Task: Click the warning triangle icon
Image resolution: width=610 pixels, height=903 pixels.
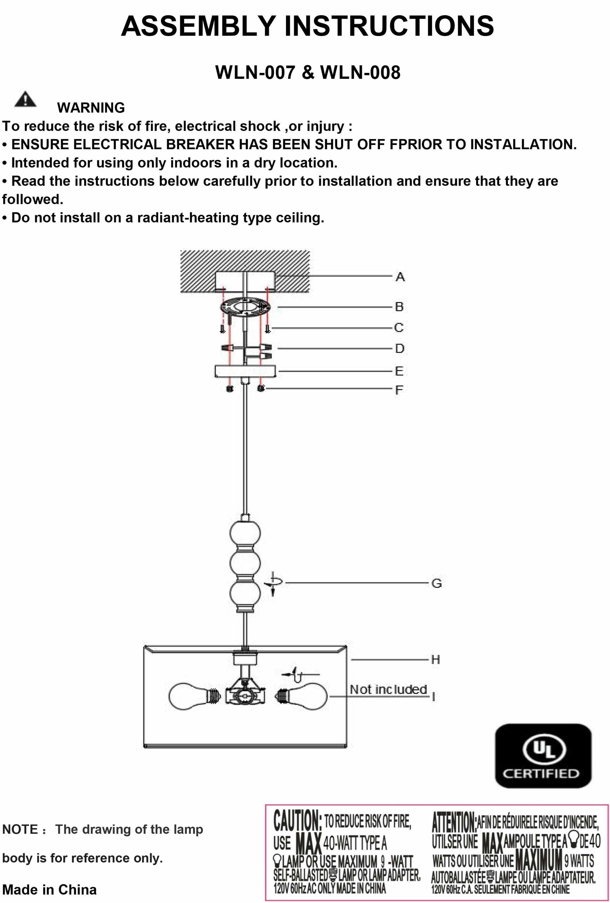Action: [25, 99]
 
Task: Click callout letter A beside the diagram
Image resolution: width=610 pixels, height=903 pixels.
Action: [400, 277]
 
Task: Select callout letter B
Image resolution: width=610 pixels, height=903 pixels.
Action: [399, 307]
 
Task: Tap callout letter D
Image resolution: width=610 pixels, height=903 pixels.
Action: [400, 348]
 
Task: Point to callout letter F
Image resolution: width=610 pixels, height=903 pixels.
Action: [399, 390]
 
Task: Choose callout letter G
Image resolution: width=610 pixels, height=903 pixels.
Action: [436, 583]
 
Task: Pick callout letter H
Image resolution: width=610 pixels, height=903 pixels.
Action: [435, 659]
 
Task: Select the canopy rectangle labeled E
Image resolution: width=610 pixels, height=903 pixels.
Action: [245, 371]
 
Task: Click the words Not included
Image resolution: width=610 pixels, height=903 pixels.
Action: [388, 689]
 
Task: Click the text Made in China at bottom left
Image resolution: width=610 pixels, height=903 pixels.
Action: [49, 890]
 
